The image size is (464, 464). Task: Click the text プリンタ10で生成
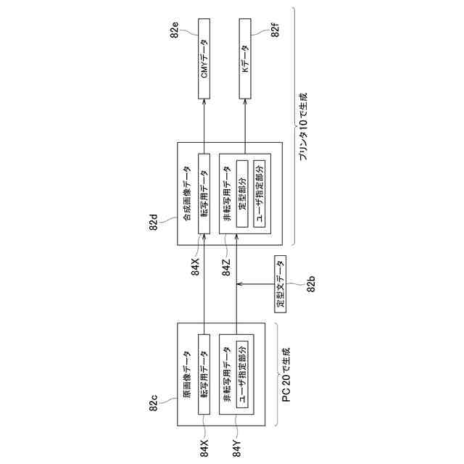tap(303, 127)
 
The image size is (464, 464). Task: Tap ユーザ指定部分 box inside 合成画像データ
tap(260, 191)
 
